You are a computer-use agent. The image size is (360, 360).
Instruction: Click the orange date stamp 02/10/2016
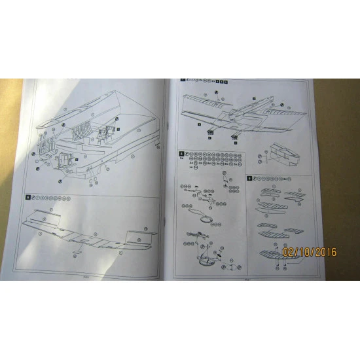coord(310,251)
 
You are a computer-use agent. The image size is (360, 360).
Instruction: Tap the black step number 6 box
coord(27,197)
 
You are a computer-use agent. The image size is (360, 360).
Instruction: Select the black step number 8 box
coord(181,154)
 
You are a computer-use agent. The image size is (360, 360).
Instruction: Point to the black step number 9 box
coord(249,178)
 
